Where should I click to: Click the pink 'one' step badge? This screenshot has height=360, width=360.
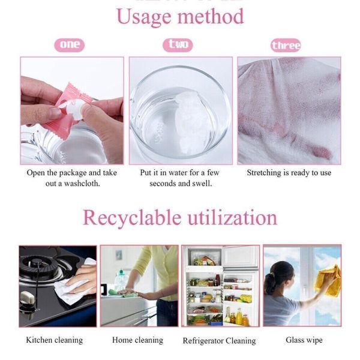[70, 45]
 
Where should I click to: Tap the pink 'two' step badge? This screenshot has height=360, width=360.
[178, 45]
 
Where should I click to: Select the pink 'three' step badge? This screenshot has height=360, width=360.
[286, 46]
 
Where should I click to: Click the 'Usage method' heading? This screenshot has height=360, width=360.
[180, 17]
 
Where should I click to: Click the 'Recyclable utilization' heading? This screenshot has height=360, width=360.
[180, 217]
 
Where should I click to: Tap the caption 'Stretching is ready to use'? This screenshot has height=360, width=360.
[289, 173]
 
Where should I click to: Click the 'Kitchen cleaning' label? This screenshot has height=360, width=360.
[54, 340]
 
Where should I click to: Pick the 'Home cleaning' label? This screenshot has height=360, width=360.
[137, 340]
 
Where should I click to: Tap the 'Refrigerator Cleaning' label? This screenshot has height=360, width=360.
[219, 341]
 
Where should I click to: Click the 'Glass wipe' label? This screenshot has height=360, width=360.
[304, 340]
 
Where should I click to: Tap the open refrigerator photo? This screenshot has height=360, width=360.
[220, 286]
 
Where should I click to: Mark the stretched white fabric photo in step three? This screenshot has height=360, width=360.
[289, 110]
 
